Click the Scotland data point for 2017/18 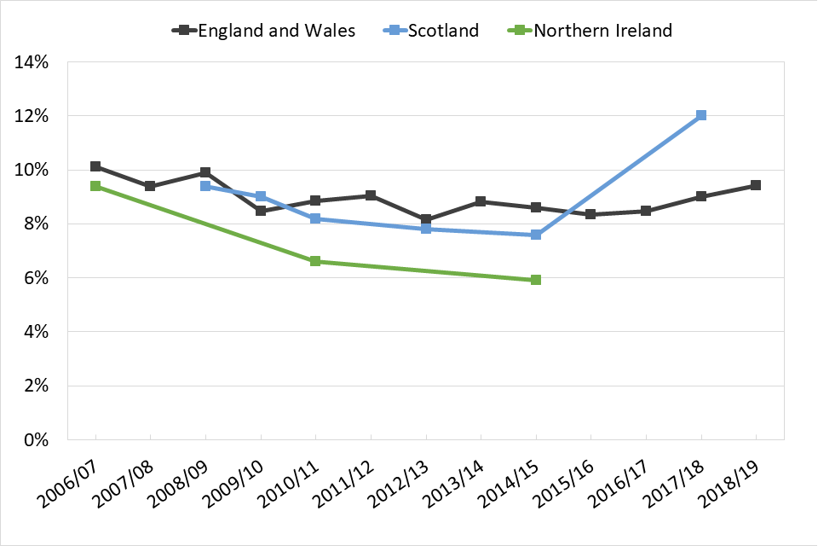coord(701,115)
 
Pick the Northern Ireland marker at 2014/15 coord(536,280)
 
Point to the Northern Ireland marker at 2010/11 coord(315,261)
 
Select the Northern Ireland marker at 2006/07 coord(95,186)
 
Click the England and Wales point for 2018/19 coord(756,185)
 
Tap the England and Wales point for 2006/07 coord(95,166)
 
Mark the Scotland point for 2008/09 coord(205,186)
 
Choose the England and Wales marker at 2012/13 coord(426,220)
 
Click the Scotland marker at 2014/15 coord(536,235)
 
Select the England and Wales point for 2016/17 coord(646,211)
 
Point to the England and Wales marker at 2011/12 coord(371,195)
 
